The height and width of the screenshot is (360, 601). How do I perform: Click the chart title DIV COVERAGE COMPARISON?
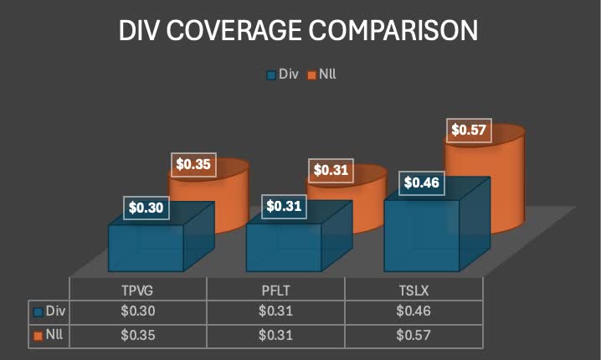(300, 31)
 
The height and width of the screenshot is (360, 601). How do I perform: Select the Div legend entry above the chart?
(282, 75)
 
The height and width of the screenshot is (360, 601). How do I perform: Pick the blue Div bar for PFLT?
(283, 248)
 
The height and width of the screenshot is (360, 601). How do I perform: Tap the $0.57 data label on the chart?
(469, 130)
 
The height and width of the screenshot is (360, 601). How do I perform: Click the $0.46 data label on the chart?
(421, 183)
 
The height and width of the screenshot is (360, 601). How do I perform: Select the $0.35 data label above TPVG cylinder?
(193, 164)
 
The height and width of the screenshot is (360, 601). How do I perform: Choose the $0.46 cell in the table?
(414, 311)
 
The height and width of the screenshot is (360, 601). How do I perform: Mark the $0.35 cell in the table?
(137, 335)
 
